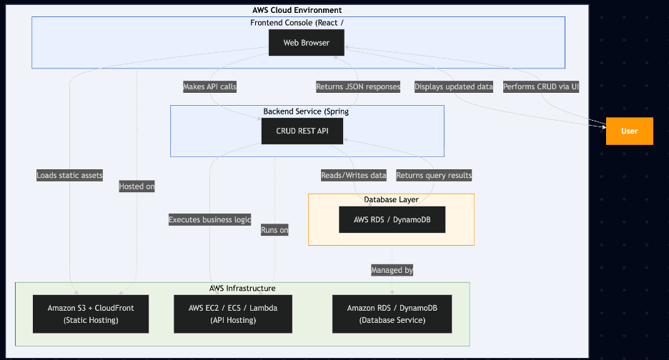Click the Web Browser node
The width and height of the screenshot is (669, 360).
306,43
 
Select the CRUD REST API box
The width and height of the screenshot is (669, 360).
302,131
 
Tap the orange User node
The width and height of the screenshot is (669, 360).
629,131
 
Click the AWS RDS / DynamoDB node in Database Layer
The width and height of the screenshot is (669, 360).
392,220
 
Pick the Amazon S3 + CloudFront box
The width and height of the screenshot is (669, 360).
91,314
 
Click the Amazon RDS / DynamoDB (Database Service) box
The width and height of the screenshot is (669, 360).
392,314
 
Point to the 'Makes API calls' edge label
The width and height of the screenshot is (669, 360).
209,86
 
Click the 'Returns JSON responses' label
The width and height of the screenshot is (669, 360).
358,86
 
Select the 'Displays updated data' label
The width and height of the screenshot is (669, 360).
454,86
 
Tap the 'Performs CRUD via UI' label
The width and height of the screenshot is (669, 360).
541,86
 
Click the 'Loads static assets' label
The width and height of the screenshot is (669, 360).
70,175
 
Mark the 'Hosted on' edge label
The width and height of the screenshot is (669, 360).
137,186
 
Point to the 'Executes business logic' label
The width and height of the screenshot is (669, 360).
209,220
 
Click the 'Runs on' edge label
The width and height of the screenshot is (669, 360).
274,230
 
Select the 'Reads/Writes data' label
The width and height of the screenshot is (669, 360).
354,175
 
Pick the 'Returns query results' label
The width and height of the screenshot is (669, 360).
434,175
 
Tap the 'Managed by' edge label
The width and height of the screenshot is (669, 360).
392,270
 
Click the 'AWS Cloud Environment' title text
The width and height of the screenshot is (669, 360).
297,10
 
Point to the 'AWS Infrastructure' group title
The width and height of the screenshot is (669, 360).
242,288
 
